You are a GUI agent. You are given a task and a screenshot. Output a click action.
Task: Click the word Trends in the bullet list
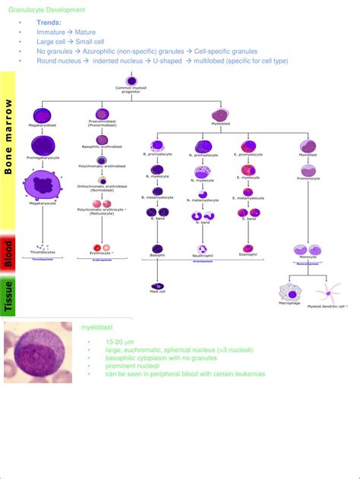point(49,23)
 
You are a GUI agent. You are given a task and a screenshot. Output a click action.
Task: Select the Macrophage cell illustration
point(289,291)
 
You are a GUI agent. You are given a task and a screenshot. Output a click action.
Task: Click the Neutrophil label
point(202,257)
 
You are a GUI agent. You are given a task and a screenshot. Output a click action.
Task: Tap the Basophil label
point(158,256)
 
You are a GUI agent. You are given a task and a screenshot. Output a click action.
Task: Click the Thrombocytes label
point(42,252)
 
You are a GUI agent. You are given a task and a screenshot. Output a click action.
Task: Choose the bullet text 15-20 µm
point(118,342)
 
